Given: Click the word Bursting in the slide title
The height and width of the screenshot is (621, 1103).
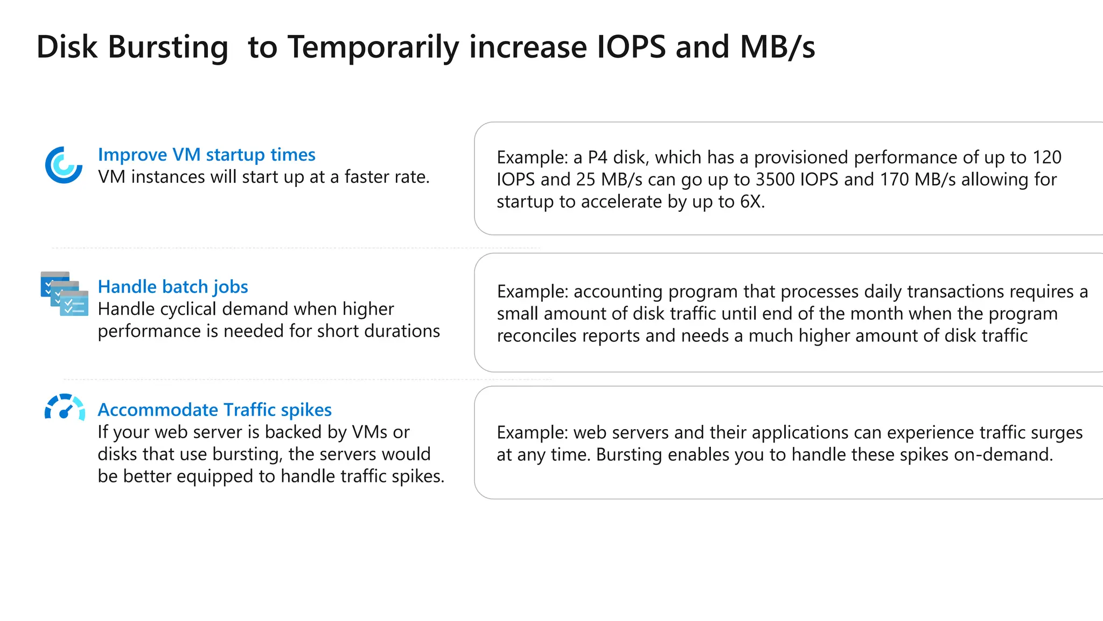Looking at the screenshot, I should pos(167,47).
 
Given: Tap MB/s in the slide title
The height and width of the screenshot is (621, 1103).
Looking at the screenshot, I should pos(777,47).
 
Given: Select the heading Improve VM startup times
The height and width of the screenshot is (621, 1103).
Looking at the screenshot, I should pos(206,155).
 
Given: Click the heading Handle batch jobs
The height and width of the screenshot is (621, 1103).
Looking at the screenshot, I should pos(173,287).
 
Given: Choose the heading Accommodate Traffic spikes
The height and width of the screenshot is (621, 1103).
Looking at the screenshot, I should pos(214,410).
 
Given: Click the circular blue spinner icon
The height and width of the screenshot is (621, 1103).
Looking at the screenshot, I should pos(64,165).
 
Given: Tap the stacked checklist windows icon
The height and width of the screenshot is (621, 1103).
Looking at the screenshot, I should pos(65,294).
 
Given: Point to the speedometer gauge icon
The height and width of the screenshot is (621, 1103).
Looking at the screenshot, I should pos(65,407).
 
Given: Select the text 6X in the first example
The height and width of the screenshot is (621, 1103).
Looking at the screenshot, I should pos(751,202).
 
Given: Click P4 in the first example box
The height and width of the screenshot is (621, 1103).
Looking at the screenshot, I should pos(597,157).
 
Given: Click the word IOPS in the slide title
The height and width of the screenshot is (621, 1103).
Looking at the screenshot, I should pos(631,47).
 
